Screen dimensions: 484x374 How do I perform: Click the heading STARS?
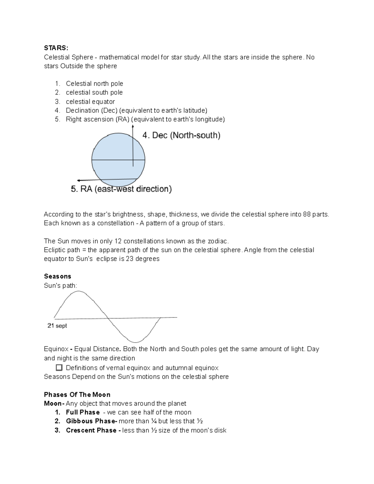click(56, 48)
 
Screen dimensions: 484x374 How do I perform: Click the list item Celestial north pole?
click(94, 84)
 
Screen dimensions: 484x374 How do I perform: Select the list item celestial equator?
click(90, 102)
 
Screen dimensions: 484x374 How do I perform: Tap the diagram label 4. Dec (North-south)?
click(181, 135)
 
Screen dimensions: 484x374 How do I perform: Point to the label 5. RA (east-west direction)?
click(122, 189)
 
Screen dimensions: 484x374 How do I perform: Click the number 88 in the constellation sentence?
click(307, 214)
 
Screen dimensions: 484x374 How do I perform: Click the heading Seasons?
click(58, 276)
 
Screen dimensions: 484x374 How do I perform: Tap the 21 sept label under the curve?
click(57, 326)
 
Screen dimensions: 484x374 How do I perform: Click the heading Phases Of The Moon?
click(77, 395)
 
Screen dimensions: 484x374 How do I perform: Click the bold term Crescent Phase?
click(91, 430)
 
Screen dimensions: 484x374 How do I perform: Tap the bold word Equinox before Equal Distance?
click(56, 349)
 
